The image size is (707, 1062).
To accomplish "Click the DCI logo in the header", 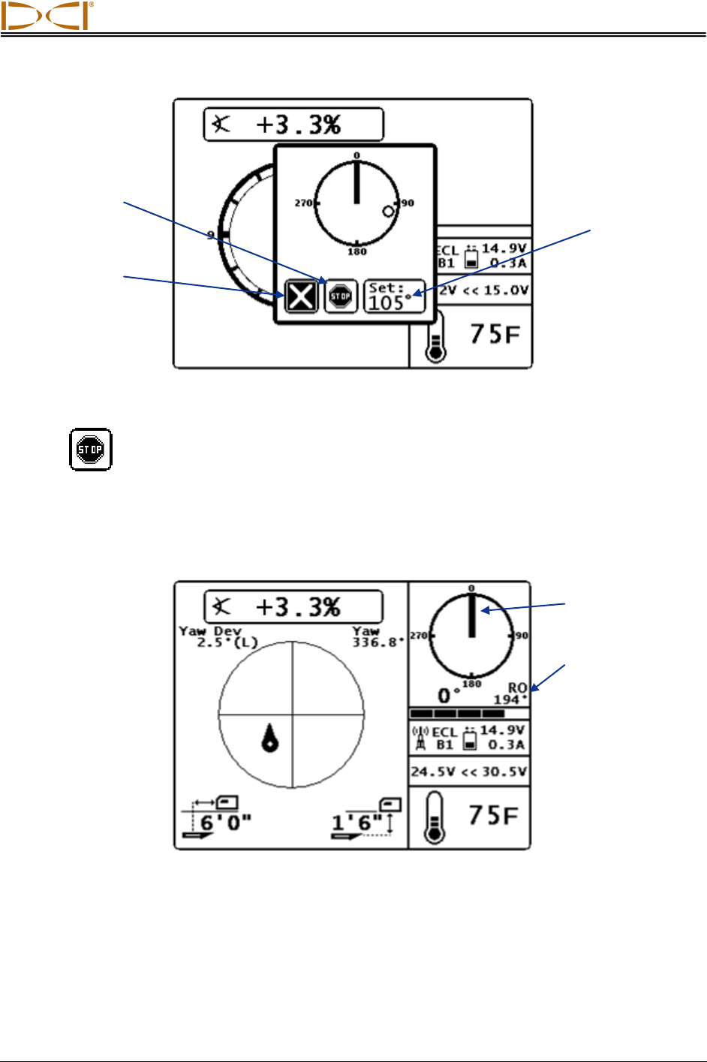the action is pyautogui.click(x=47, y=16).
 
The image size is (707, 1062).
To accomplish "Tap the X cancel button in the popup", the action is pyautogui.click(x=301, y=296).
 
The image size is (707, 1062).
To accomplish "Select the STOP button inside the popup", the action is pyautogui.click(x=341, y=296).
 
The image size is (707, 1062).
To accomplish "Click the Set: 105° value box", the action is pyautogui.click(x=395, y=296).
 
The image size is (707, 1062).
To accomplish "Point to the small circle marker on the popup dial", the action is pyautogui.click(x=388, y=212).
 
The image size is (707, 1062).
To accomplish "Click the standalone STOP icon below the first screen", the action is pyautogui.click(x=91, y=450).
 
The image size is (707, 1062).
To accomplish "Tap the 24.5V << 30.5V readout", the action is pyautogui.click(x=468, y=772).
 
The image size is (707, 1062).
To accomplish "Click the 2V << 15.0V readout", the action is pyautogui.click(x=483, y=290).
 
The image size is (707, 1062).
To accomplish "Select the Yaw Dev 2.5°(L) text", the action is pyautogui.click(x=218, y=636).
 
